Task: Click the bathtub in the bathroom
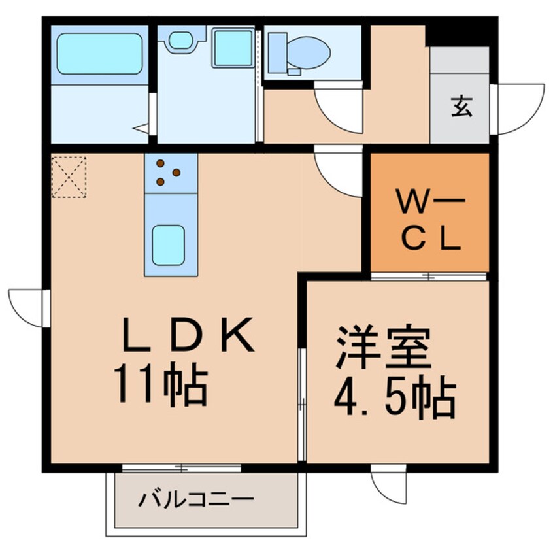(101, 54)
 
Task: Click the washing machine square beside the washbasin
(233, 48)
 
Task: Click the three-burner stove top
(170, 173)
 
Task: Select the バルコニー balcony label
(196, 501)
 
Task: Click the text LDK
(188, 337)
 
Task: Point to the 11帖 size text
(160, 386)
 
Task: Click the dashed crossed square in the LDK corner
(69, 176)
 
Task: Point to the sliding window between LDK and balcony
(181, 467)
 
